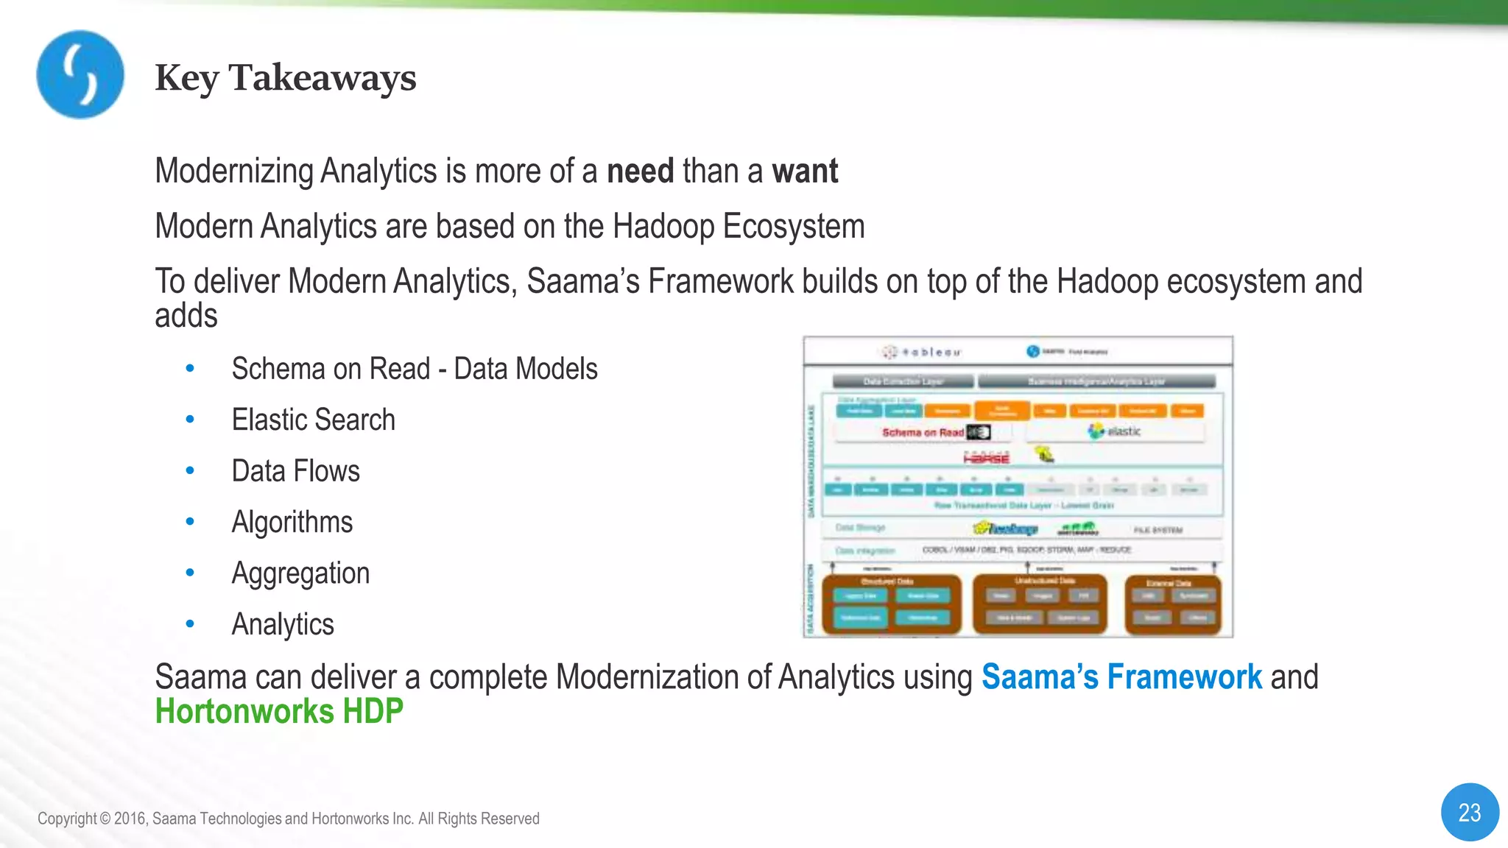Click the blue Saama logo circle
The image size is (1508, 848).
pyautogui.click(x=80, y=74)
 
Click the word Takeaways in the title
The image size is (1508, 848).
pyautogui.click(x=322, y=78)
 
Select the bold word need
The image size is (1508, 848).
pyautogui.click(x=640, y=172)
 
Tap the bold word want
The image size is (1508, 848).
pyautogui.click(x=805, y=172)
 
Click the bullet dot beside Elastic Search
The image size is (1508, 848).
pyautogui.click(x=190, y=420)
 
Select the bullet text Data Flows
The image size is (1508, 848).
pyautogui.click(x=295, y=471)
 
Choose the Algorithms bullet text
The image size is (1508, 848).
pyautogui.click(x=292, y=523)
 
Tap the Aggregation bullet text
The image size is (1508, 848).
pyautogui.click(x=300, y=573)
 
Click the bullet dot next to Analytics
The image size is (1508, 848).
pyautogui.click(x=190, y=624)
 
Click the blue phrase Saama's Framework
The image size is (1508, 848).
pyautogui.click(x=1121, y=677)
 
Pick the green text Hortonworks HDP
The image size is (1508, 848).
pyautogui.click(x=279, y=712)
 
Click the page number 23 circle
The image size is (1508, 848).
pyautogui.click(x=1469, y=812)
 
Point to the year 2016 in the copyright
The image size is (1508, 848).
pyautogui.click(x=130, y=819)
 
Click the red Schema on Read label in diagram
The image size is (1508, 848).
pyautogui.click(x=923, y=433)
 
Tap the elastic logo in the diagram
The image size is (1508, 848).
pyautogui.click(x=1115, y=431)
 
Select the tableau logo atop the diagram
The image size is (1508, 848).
pyautogui.click(x=923, y=352)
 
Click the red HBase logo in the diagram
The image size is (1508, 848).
pyautogui.click(x=987, y=458)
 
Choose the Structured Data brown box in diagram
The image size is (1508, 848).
pyautogui.click(x=891, y=604)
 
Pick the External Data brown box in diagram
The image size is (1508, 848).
pyautogui.click(x=1172, y=604)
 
